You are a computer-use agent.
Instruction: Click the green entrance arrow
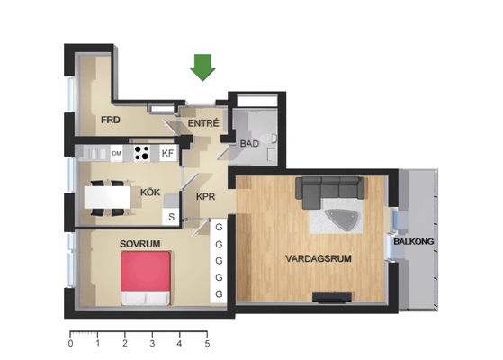coord(202,67)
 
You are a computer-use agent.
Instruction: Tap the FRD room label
coord(111,120)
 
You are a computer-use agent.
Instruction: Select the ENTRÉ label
coord(203,123)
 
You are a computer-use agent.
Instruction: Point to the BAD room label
coord(249,143)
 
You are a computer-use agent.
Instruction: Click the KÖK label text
coord(150,193)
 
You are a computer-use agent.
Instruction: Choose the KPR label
coord(205,197)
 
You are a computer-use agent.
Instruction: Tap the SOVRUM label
coord(139,244)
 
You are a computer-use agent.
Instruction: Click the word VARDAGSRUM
coord(319,258)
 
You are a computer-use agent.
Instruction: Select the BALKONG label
coord(414,241)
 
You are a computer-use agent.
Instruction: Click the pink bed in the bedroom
coord(145,278)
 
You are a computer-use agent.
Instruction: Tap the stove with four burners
coord(141,153)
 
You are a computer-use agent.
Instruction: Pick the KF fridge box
coord(167,153)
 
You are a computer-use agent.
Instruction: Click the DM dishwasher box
coord(116,153)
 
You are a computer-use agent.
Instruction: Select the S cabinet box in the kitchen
coord(172,217)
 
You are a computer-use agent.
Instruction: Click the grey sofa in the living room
coord(329,189)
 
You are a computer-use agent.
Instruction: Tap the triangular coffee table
coord(341,219)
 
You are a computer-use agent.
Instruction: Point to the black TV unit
coord(332,297)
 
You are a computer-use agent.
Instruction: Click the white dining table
coord(107,197)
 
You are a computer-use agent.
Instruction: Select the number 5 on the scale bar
coord(207,344)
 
